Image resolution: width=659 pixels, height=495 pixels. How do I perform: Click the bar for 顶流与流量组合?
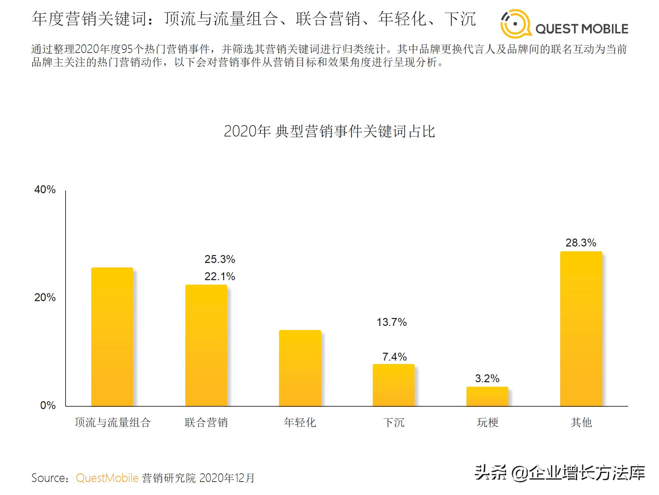112,337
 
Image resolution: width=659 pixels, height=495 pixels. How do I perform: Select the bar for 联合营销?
206,345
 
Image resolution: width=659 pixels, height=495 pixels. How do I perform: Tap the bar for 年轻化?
300,368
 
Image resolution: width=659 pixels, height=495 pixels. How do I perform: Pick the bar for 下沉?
394,385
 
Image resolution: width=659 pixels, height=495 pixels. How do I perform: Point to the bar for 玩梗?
487,396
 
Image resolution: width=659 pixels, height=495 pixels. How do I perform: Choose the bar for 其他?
581,329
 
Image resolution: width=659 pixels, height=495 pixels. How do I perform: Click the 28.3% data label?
581,243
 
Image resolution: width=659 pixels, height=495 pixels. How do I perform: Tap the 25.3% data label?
220,259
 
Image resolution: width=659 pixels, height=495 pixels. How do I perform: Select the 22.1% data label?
220,276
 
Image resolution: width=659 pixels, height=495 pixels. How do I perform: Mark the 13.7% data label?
392,322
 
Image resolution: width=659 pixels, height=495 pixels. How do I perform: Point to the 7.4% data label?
394,357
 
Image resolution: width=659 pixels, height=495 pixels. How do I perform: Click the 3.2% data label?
487,378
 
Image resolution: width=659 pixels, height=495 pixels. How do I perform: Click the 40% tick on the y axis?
45,189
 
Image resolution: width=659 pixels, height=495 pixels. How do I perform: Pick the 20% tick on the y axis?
45,297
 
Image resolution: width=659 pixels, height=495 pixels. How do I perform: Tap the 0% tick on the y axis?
48,405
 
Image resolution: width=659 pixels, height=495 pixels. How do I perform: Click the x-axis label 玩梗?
487,422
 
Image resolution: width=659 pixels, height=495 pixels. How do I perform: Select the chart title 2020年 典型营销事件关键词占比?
329,131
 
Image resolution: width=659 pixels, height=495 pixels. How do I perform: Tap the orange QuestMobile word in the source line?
107,478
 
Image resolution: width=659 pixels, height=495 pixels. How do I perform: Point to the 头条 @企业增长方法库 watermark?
560,473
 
